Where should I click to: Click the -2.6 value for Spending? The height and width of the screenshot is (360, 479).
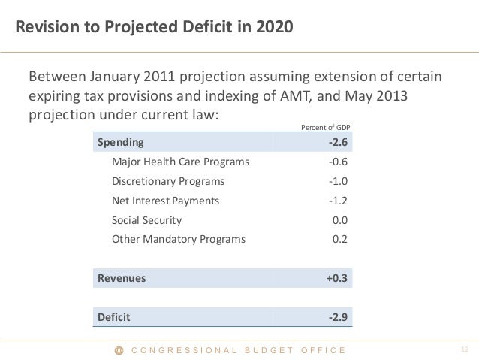[x=338, y=142]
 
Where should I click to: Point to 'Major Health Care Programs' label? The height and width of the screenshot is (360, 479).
[x=180, y=162]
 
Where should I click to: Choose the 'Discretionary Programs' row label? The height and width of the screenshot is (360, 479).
[x=167, y=181]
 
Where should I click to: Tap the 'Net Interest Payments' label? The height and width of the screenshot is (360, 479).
[x=165, y=201]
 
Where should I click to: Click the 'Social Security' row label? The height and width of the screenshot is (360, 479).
[x=146, y=220]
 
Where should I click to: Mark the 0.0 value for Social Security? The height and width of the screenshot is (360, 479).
[x=340, y=220]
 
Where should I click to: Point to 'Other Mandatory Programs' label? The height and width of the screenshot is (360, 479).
[x=178, y=240]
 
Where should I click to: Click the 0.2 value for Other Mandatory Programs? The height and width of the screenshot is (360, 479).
[x=340, y=240]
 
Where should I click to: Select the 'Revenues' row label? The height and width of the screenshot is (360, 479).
[x=122, y=278]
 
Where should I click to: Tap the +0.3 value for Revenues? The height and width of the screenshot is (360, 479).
[x=336, y=278]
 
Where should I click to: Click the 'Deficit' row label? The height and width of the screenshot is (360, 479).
[x=113, y=317]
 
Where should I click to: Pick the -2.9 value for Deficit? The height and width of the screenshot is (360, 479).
[x=338, y=317]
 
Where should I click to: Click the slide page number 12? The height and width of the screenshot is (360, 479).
[x=463, y=349]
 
